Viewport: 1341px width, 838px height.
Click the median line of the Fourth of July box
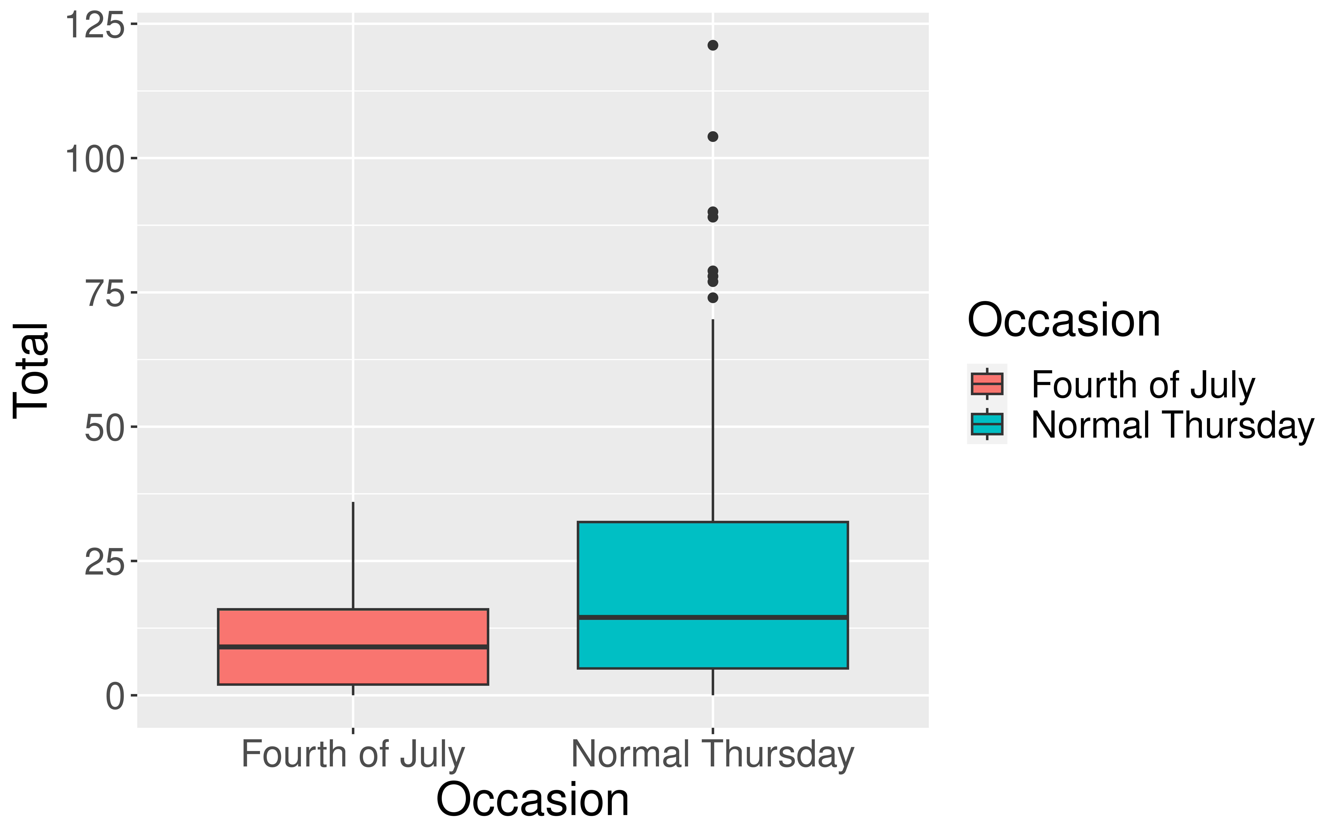(353, 647)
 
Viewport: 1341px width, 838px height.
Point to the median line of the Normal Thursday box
(713, 617)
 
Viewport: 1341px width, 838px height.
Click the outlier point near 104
(713, 136)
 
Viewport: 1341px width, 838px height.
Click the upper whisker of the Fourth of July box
(353, 554)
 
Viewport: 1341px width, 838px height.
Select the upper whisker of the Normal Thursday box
(713, 421)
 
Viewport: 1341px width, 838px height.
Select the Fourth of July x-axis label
(353, 755)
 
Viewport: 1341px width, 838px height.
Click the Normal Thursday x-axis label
(713, 755)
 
